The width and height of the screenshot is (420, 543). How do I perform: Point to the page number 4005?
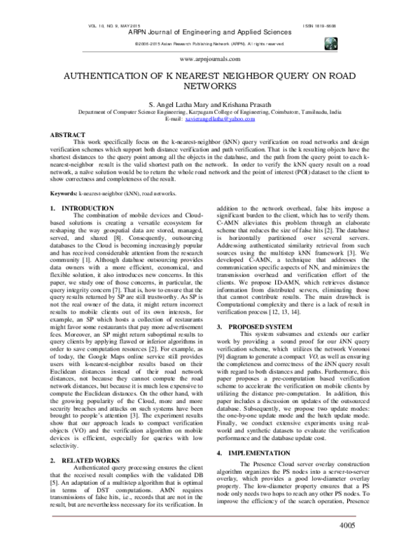351,526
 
